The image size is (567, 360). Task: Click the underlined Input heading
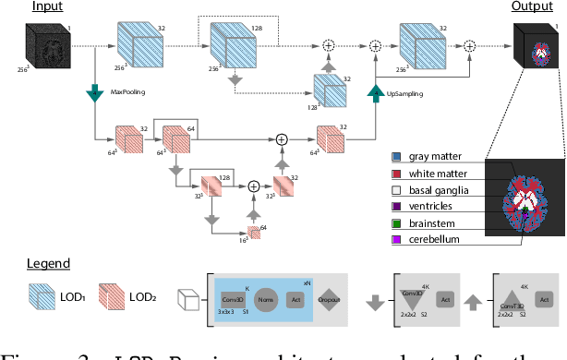point(46,7)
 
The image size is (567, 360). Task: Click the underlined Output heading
point(531,7)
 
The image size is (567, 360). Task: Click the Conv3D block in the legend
point(231,298)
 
